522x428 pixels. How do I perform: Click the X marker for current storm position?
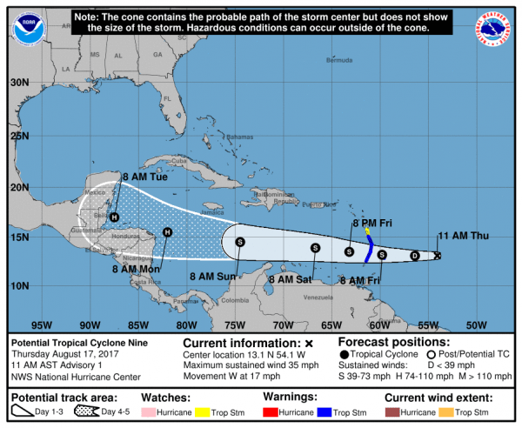(437, 256)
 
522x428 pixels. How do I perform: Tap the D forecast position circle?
(414, 256)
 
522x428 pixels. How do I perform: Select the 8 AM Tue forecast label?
(144, 177)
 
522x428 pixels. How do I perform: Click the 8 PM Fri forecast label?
(369, 224)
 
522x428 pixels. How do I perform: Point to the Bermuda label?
(339, 61)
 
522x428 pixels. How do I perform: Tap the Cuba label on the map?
(180, 161)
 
